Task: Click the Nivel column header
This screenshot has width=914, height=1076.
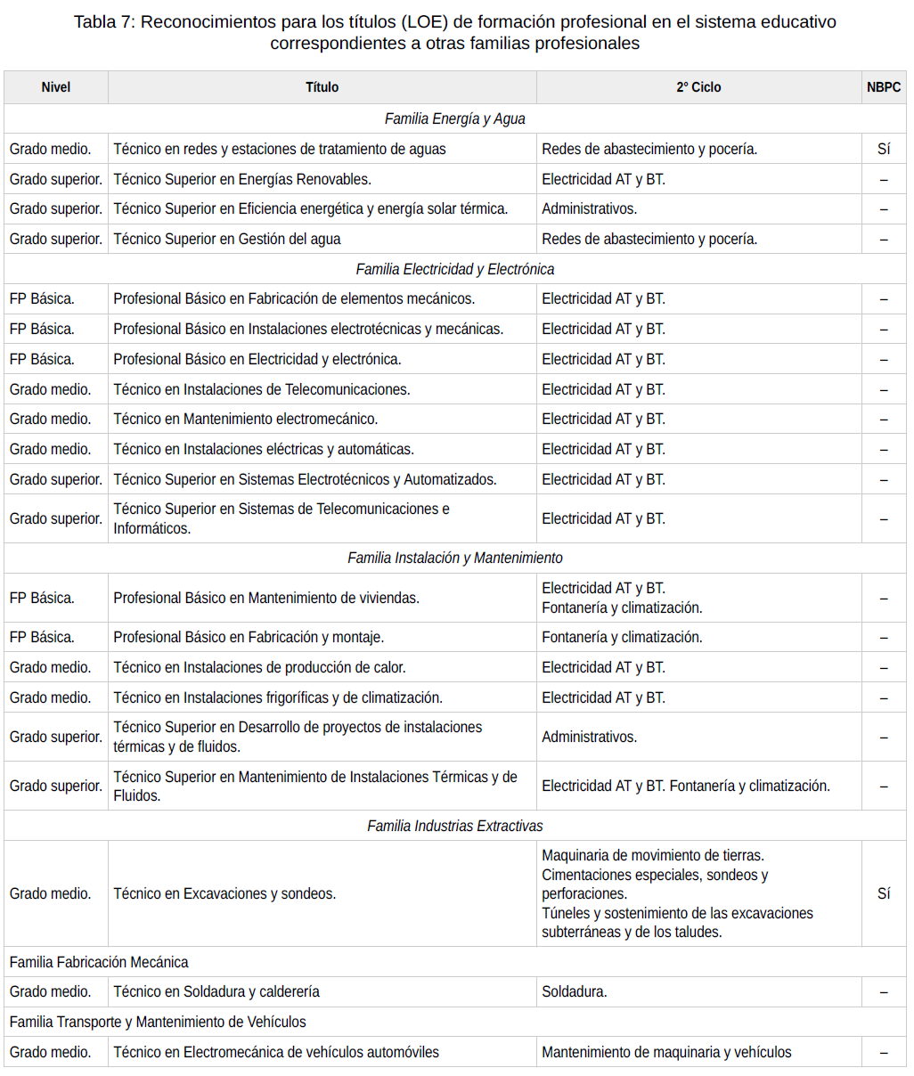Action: pyautogui.click(x=55, y=87)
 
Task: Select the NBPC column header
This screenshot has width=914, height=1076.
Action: pyautogui.click(x=883, y=87)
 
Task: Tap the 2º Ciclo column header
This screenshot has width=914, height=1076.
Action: pyautogui.click(x=698, y=87)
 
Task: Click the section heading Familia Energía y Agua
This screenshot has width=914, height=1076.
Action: pyautogui.click(x=455, y=118)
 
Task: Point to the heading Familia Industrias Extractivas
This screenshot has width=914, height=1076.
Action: pyautogui.click(x=455, y=826)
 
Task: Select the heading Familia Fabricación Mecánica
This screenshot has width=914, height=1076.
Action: pyautogui.click(x=99, y=962)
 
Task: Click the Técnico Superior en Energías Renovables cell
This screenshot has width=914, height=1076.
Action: pyautogui.click(x=242, y=179)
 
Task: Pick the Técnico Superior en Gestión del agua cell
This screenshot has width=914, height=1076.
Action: pyautogui.click(x=227, y=239)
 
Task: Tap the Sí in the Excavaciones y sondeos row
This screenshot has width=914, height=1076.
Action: pyautogui.click(x=883, y=893)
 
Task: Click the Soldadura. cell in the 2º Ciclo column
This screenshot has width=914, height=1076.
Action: pyautogui.click(x=575, y=991)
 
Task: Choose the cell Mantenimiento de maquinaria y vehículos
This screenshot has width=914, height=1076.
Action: pyautogui.click(x=666, y=1052)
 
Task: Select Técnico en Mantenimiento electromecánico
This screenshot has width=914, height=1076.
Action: pyautogui.click(x=246, y=419)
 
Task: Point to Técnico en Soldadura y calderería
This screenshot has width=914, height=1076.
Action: pyautogui.click(x=216, y=991)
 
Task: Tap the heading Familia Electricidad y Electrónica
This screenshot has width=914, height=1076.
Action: pyautogui.click(x=455, y=269)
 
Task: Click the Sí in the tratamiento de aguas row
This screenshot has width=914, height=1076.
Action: pyautogui.click(x=883, y=149)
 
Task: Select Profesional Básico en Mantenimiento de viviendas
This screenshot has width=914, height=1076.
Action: pyautogui.click(x=266, y=598)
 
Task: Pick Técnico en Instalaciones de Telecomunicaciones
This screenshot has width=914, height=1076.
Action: pyautogui.click(x=262, y=389)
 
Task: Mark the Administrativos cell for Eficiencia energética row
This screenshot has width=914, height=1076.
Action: pyautogui.click(x=590, y=208)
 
